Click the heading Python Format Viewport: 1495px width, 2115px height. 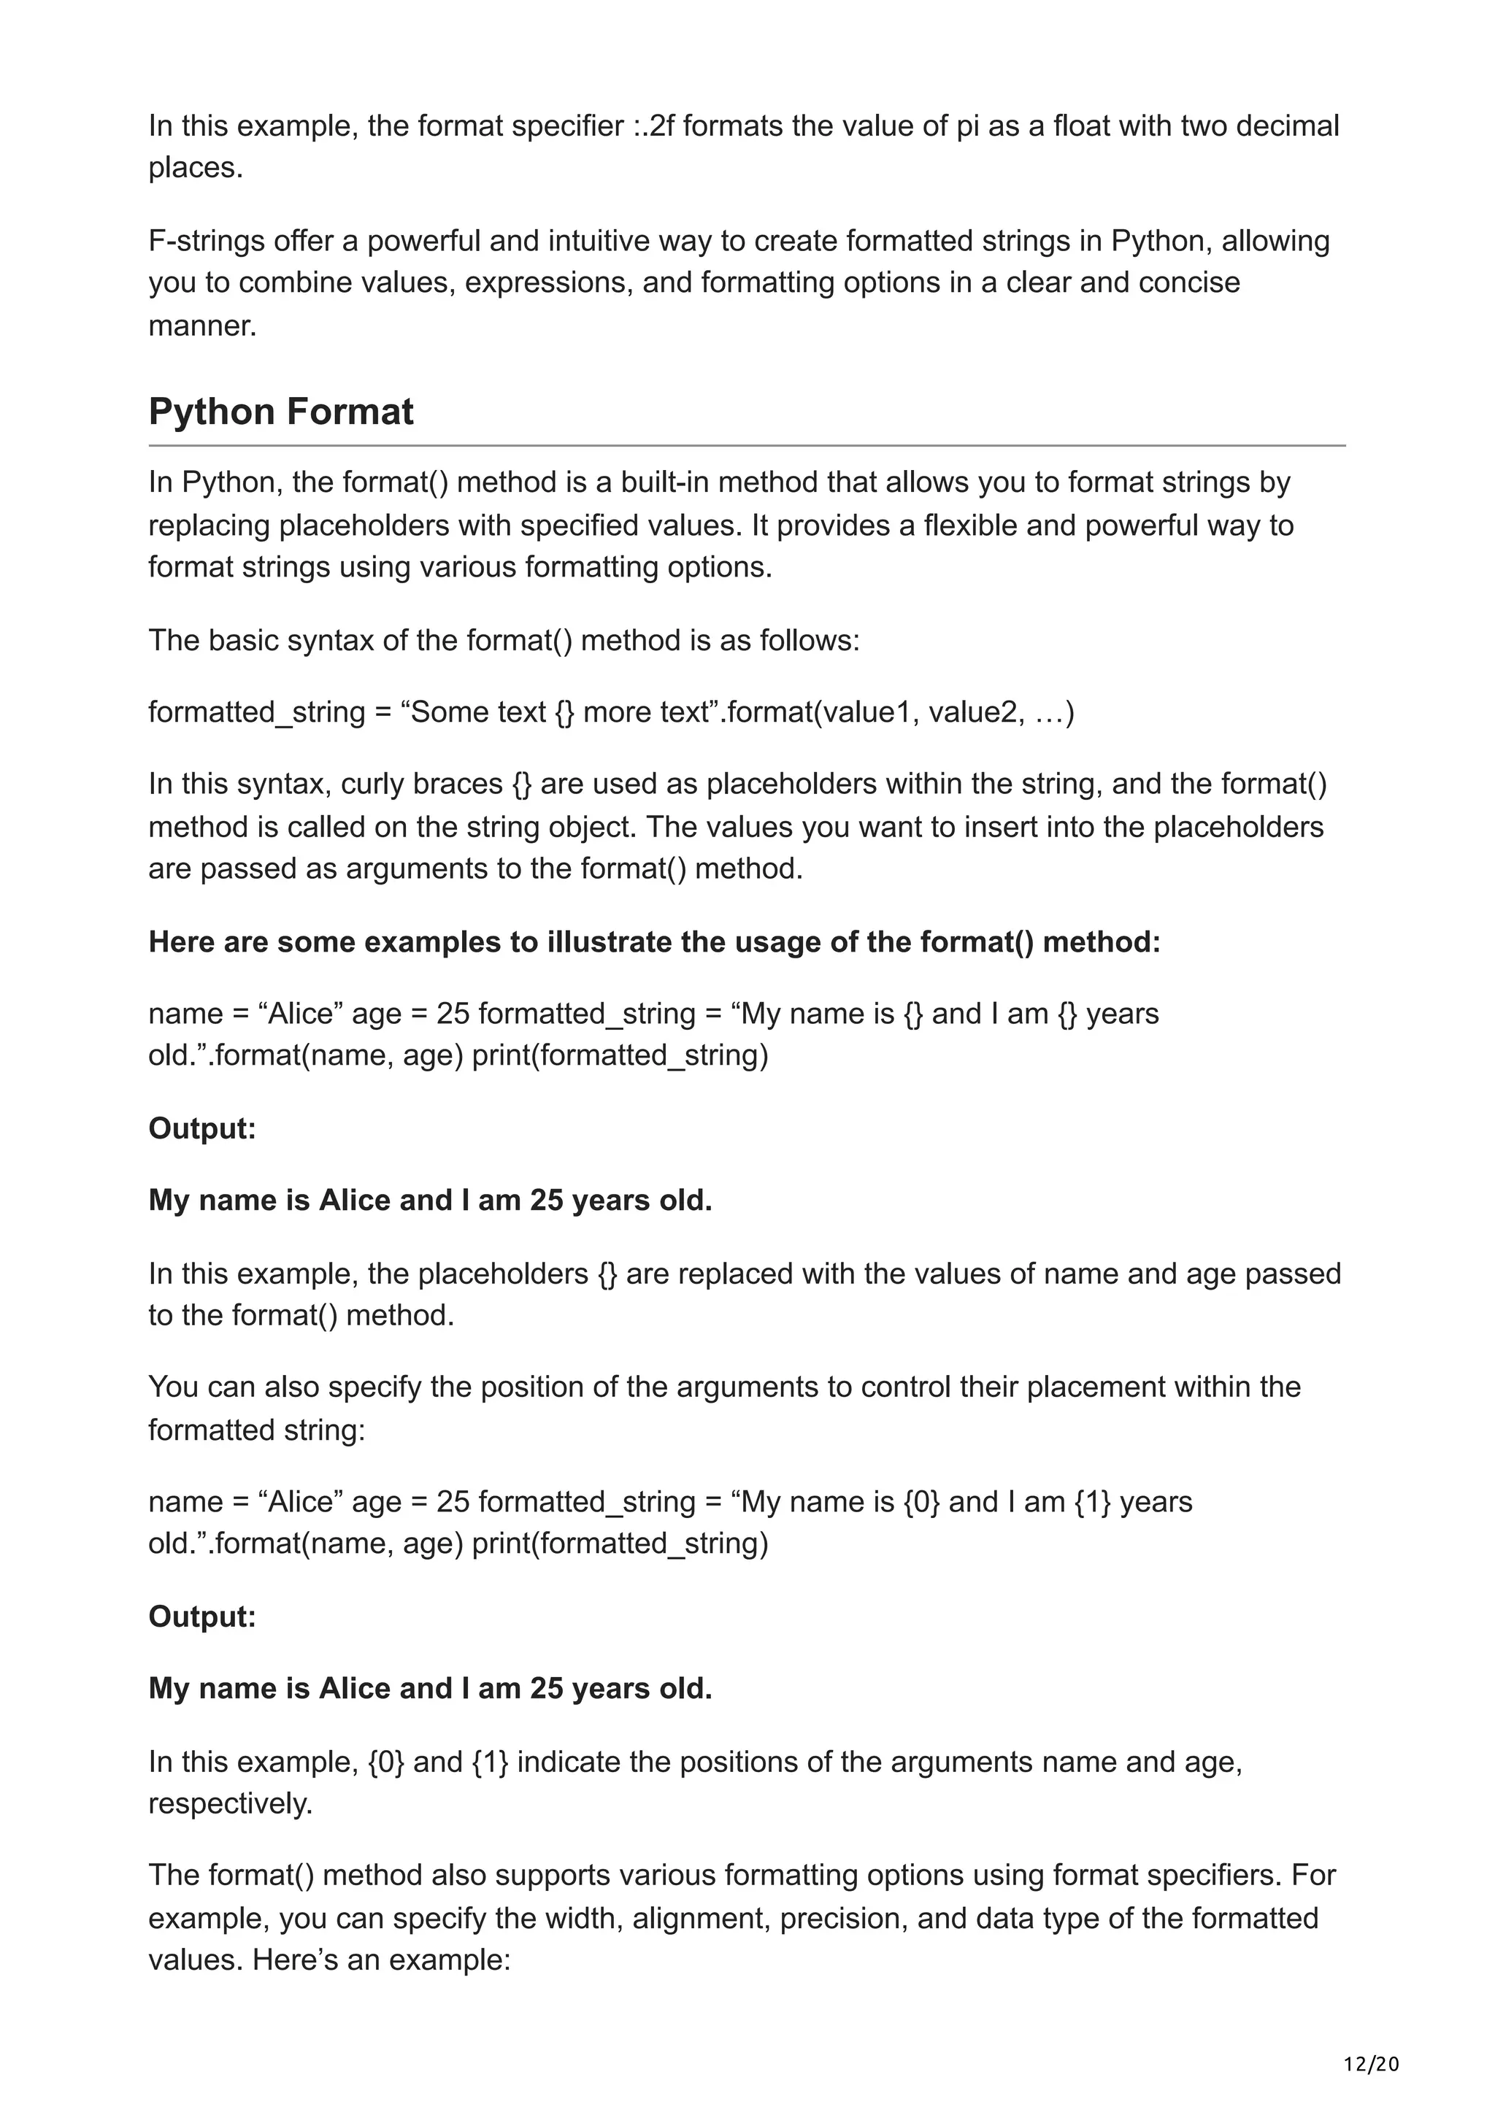pyautogui.click(x=280, y=412)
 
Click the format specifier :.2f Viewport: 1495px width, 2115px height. pyautogui.click(x=653, y=126)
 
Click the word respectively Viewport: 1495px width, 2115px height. pyautogui.click(x=230, y=1803)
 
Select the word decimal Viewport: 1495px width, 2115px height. pyautogui.click(x=1287, y=126)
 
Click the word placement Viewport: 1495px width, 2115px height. pyautogui.click(x=1095, y=1387)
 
